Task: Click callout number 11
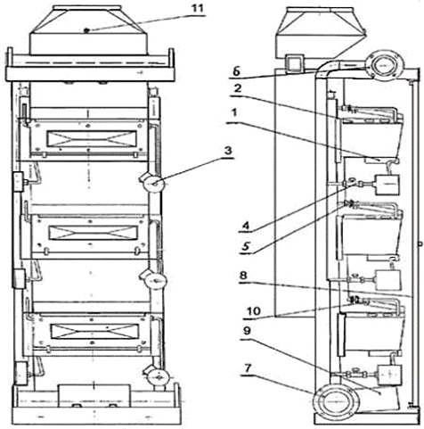coord(198,8)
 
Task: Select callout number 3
coord(228,151)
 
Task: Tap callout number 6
coord(235,72)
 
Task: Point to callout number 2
coord(237,88)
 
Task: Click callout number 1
coord(234,113)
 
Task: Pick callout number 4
coord(246,226)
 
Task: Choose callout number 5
coord(246,247)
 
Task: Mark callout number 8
coord(243,276)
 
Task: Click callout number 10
coord(254,311)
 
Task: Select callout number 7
coord(248,368)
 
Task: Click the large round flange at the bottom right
coord(333,400)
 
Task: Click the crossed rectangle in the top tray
coord(92,138)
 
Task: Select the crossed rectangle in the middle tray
coord(94,233)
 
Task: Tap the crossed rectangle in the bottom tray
coord(94,331)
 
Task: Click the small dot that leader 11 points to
coord(86,30)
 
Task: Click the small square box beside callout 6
coord(295,63)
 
